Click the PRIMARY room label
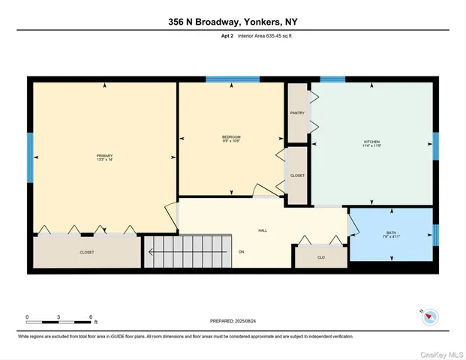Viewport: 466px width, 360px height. (104, 155)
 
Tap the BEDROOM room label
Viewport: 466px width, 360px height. (230, 136)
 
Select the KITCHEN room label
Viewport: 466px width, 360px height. (371, 142)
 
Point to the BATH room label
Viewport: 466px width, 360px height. (391, 232)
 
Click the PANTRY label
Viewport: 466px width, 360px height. (297, 112)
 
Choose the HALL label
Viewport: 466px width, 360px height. (263, 231)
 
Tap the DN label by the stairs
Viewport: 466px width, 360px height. (242, 251)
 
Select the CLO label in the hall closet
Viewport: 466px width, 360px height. (320, 256)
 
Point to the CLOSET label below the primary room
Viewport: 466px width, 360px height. (87, 253)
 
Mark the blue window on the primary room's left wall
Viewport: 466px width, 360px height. (31, 156)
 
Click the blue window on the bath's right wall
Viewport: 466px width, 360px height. (435, 235)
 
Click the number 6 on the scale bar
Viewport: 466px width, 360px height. (90, 316)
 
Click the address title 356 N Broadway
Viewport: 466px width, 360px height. (233, 22)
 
